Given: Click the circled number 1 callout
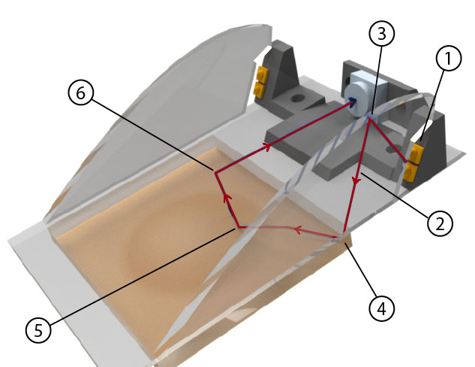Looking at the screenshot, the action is pyautogui.click(x=449, y=58).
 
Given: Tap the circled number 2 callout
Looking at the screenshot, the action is pyautogui.click(x=440, y=223).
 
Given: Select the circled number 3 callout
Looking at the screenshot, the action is pyautogui.click(x=382, y=33).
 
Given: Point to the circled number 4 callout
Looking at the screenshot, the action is pyautogui.click(x=382, y=309).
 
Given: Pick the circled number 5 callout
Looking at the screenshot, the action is pyautogui.click(x=38, y=330).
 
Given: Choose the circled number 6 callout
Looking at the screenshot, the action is pyautogui.click(x=80, y=93).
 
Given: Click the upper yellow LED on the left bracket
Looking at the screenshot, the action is pyautogui.click(x=263, y=74).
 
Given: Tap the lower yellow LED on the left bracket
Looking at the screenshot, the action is pyautogui.click(x=260, y=89).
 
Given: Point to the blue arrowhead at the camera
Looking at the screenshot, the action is pyautogui.click(x=353, y=101).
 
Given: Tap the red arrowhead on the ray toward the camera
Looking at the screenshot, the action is pyautogui.click(x=267, y=147).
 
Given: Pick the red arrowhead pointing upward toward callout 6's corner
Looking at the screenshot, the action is pyautogui.click(x=227, y=199).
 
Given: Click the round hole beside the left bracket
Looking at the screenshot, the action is pyautogui.click(x=297, y=99).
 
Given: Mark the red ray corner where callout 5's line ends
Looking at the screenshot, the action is pyautogui.click(x=239, y=227).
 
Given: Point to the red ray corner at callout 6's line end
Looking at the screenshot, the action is pyautogui.click(x=215, y=172).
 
